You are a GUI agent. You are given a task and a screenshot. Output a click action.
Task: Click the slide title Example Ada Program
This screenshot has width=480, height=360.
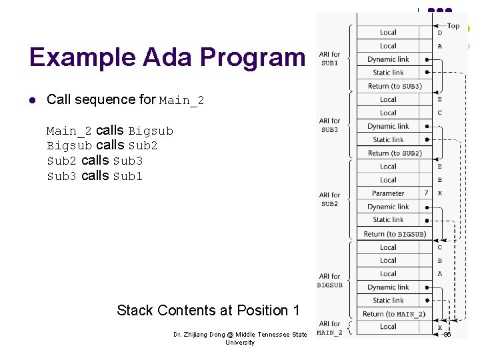[x=167, y=57]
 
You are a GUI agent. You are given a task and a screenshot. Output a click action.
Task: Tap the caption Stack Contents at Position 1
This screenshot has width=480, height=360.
[x=208, y=310]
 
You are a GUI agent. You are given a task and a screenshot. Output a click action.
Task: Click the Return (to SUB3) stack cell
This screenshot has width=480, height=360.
[x=394, y=86]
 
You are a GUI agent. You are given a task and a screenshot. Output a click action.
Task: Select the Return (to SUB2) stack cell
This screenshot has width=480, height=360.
[x=394, y=153]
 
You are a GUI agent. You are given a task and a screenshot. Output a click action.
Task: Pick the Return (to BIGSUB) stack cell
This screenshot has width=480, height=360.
[x=394, y=234]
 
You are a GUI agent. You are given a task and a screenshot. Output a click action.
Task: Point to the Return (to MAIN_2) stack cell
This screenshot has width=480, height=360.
[x=394, y=314]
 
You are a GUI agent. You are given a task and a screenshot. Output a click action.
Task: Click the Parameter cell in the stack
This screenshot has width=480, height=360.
[x=388, y=193]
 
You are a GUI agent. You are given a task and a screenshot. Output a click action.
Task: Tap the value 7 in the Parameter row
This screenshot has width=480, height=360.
[x=426, y=193]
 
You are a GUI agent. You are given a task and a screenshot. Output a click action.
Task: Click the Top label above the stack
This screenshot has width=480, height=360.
[x=453, y=26]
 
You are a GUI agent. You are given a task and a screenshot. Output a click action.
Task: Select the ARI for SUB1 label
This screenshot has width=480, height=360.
[x=329, y=59]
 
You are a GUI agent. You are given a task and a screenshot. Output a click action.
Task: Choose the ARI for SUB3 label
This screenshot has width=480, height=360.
[x=329, y=125]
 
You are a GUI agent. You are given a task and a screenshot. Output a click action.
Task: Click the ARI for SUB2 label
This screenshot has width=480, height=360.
[x=329, y=199]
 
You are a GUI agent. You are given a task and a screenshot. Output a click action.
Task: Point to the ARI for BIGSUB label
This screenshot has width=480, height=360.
[x=329, y=280]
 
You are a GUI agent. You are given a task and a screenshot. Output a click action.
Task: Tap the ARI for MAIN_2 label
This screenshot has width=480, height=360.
[x=329, y=328]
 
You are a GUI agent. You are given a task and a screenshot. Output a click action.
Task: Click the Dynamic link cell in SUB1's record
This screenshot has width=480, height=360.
[x=388, y=59]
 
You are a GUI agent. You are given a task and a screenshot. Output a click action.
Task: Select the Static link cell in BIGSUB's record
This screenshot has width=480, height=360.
[x=388, y=301]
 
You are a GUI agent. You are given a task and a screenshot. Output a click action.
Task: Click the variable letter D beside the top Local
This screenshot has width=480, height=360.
[x=439, y=33]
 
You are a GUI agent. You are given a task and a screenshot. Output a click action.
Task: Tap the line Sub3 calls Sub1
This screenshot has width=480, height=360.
[x=95, y=176]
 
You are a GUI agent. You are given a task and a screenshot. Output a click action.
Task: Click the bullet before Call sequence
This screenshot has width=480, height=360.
[x=32, y=100]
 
